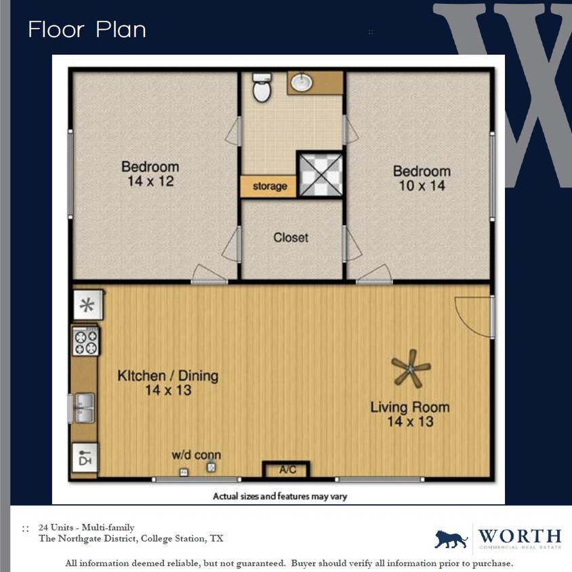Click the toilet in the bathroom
click(262, 87)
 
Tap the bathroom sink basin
click(301, 83)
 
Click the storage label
click(269, 186)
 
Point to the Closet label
click(291, 238)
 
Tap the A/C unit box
click(286, 469)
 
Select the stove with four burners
click(86, 341)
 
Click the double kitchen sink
click(85, 407)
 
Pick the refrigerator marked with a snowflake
click(87, 304)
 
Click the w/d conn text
click(196, 455)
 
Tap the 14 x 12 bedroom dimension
click(150, 182)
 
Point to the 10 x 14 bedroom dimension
click(422, 186)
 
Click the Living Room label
click(409, 407)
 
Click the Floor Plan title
click(87, 30)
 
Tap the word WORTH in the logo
click(520, 535)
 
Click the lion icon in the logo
click(451, 539)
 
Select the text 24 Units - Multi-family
click(87, 527)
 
